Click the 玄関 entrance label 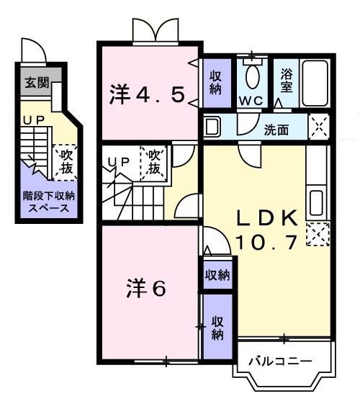tap(33, 81)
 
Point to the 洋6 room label tap(148, 289)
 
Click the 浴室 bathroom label tap(287, 81)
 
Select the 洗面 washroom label tap(276, 130)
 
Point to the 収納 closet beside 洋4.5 tap(216, 83)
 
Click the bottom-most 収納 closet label tap(217, 327)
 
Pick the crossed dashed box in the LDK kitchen tap(317, 234)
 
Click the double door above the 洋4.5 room tap(153, 30)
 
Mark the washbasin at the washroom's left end tap(212, 128)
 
